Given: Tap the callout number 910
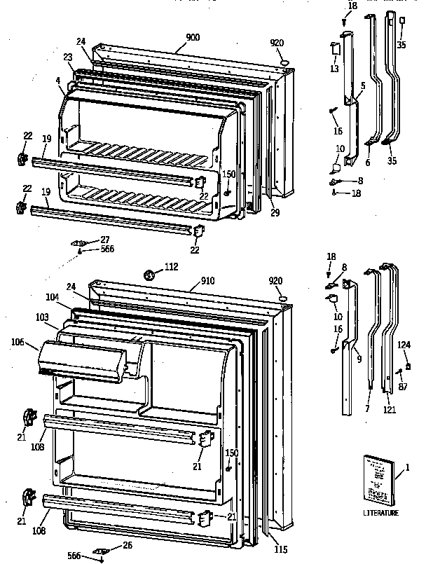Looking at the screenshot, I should (x=207, y=281).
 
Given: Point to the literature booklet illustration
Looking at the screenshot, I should (x=378, y=480).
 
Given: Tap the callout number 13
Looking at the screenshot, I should (x=334, y=69).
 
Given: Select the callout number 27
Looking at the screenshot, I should (x=104, y=239).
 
